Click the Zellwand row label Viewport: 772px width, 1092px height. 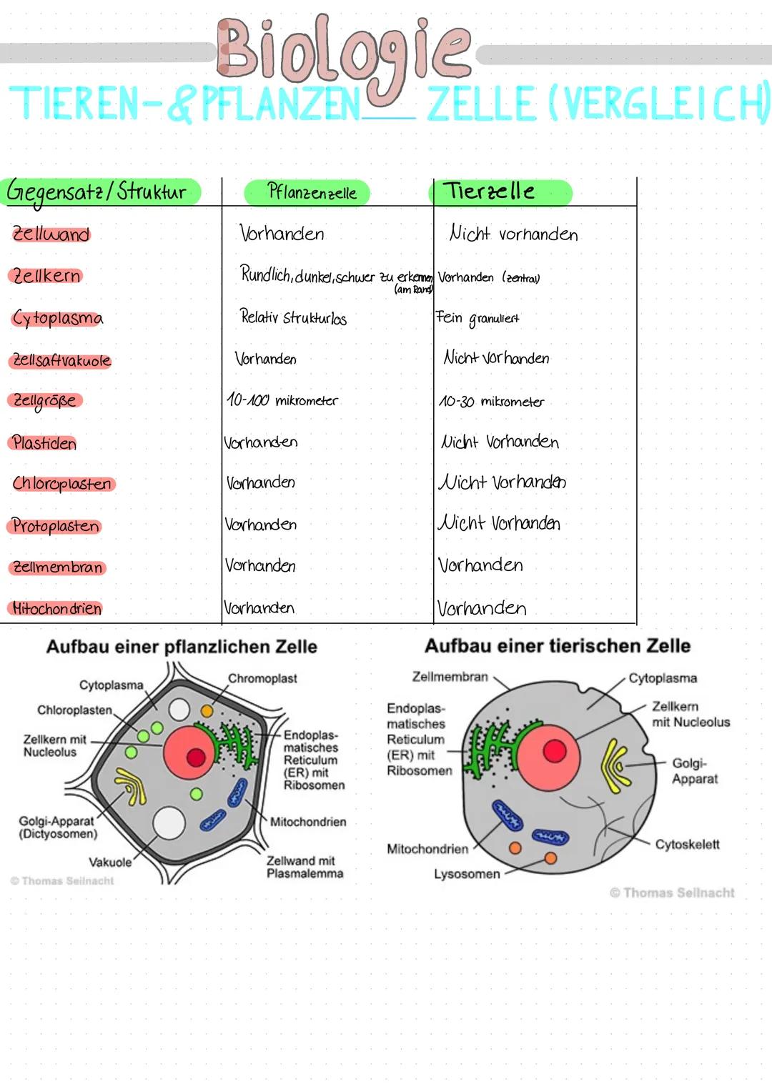[51, 234]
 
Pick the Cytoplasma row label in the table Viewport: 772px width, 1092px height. [57, 318]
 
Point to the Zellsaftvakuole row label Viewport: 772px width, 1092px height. [62, 360]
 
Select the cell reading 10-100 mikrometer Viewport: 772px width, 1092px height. [282, 400]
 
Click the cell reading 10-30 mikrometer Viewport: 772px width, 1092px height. [491, 402]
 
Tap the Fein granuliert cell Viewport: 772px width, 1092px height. [477, 318]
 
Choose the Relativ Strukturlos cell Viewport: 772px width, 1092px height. [293, 317]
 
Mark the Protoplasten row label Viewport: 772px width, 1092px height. [56, 526]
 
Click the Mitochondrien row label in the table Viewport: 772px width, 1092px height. [56, 609]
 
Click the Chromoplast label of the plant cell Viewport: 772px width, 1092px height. [262, 678]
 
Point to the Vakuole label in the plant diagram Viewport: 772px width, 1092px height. [110, 862]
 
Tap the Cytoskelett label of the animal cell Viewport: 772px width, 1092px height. [687, 844]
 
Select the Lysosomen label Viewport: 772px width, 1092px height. [467, 874]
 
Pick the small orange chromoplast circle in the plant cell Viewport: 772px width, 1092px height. [207, 711]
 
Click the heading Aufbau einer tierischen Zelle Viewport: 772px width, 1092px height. [558, 646]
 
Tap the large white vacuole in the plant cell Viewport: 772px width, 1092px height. [169, 823]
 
